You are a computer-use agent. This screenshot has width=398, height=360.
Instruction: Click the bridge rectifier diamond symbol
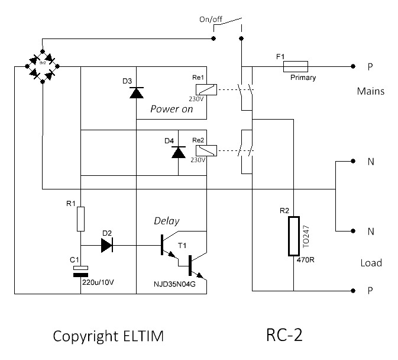click(x=42, y=67)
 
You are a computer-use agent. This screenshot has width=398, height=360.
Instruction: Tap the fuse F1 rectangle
click(x=296, y=66)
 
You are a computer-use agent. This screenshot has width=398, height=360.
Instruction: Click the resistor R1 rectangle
click(x=80, y=218)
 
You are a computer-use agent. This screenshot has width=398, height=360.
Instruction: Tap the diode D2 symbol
click(x=107, y=245)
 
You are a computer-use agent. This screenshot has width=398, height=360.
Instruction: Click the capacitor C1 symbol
click(x=80, y=271)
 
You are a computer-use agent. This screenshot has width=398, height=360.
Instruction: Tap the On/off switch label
click(x=212, y=20)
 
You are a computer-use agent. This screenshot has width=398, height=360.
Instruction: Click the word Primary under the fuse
click(x=303, y=77)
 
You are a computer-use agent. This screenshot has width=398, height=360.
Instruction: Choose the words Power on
click(x=172, y=109)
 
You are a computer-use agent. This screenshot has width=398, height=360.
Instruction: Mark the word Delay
click(x=167, y=221)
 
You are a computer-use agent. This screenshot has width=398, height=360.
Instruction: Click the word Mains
click(x=371, y=92)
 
